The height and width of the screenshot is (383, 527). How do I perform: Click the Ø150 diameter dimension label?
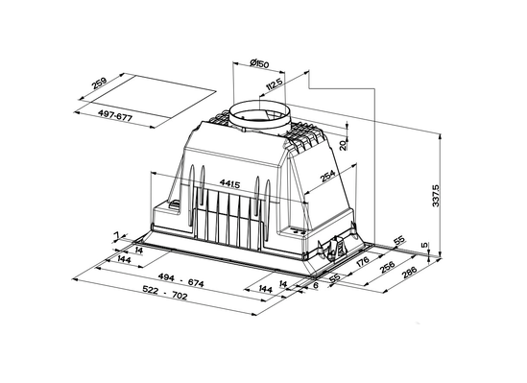click(260, 62)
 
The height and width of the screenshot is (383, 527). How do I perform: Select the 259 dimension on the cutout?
click(100, 83)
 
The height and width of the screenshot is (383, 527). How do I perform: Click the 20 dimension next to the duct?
click(343, 146)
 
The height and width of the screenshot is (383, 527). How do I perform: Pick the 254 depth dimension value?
click(328, 176)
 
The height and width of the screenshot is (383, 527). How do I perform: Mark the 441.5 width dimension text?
click(229, 183)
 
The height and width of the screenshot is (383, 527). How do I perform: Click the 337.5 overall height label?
click(435, 195)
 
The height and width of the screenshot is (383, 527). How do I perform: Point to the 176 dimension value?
click(362, 261)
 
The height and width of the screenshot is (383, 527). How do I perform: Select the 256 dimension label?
click(387, 268)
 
